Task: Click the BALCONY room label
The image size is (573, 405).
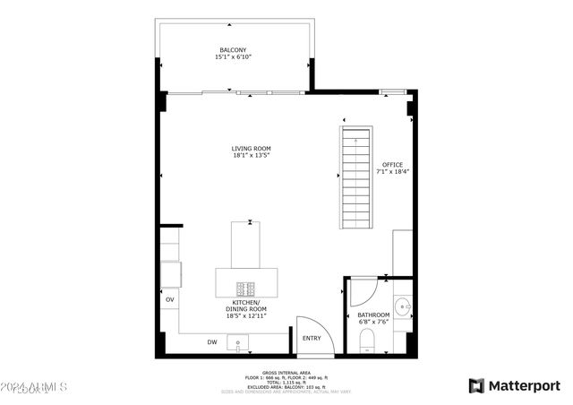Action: pyautogui.click(x=232, y=49)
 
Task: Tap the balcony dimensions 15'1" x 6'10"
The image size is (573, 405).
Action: pyautogui.click(x=233, y=56)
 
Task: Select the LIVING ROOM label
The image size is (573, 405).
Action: pyautogui.click(x=251, y=149)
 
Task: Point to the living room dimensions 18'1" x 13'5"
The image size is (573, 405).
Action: pyautogui.click(x=251, y=156)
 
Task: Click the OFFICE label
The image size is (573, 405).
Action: pyautogui.click(x=392, y=165)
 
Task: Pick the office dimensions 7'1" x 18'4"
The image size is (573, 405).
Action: pyautogui.click(x=392, y=172)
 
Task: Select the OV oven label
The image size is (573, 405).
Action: pyautogui.click(x=169, y=298)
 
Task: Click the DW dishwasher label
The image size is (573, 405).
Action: pyautogui.click(x=212, y=342)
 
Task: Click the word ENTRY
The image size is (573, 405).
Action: pyautogui.click(x=312, y=338)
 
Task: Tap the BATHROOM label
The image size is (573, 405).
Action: pyautogui.click(x=373, y=315)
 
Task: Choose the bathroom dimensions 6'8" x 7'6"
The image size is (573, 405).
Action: pyautogui.click(x=373, y=322)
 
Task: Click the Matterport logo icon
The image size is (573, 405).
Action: pyautogui.click(x=476, y=385)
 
